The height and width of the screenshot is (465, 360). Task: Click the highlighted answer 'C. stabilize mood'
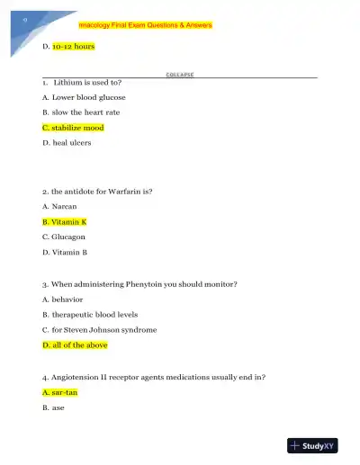pos(73,128)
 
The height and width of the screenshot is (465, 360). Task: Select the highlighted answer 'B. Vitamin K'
pos(65,221)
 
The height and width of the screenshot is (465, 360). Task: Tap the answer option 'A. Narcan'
pos(60,206)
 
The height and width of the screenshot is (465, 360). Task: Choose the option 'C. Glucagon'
pos(66,237)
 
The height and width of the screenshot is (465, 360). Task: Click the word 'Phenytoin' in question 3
pos(149,284)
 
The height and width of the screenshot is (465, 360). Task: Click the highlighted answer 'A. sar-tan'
pos(61,393)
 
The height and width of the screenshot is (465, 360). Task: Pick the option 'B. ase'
pos(55,408)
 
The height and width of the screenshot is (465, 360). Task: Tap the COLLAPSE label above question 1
pos(180,75)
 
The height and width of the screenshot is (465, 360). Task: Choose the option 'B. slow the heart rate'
pos(81,112)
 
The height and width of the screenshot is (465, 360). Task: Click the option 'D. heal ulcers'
pos(67,143)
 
